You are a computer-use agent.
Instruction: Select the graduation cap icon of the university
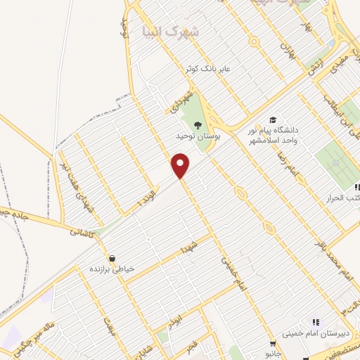[x=271, y=121]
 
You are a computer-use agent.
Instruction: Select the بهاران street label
[x=285, y=49]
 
